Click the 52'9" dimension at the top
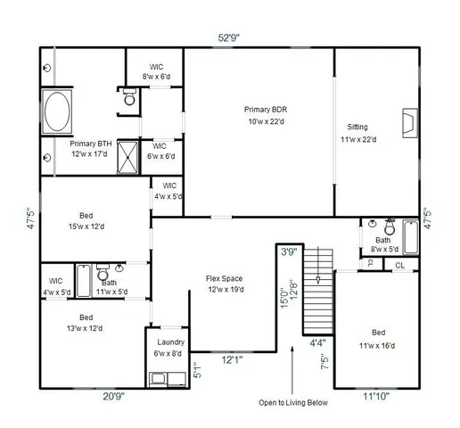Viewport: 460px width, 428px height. click(x=229, y=37)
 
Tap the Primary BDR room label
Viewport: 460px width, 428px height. click(x=265, y=115)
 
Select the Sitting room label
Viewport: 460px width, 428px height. click(x=357, y=133)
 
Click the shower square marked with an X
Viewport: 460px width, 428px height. click(x=130, y=158)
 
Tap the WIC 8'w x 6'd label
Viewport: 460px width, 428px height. click(x=155, y=71)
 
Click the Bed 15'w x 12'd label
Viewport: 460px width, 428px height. click(x=86, y=220)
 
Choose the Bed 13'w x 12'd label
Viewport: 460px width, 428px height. click(x=86, y=322)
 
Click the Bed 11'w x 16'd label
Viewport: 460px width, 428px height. click(x=378, y=340)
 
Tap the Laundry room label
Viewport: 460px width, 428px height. click(x=170, y=347)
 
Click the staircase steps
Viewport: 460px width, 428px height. click(x=316, y=290)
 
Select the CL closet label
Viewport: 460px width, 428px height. click(x=399, y=265)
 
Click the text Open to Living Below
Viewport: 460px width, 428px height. click(x=292, y=402)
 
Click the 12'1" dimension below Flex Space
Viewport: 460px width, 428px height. click(x=233, y=359)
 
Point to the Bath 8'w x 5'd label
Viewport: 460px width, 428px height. click(x=382, y=244)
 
